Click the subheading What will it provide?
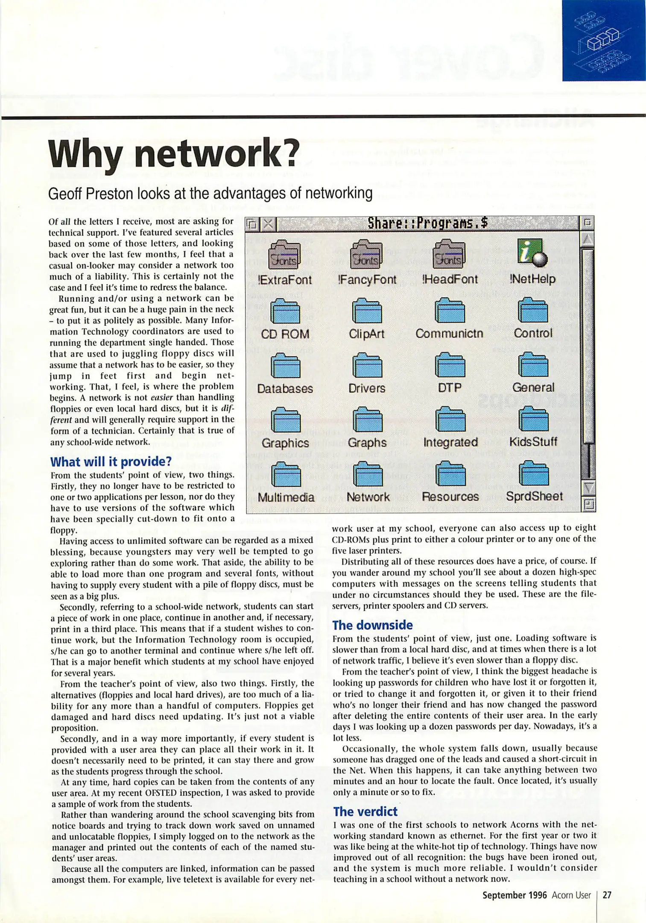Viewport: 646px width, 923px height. (111, 461)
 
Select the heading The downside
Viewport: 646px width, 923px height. (372, 625)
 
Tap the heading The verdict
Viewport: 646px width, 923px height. (365, 811)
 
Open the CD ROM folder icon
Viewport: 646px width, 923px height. (285, 311)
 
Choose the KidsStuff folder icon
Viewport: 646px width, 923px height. (533, 420)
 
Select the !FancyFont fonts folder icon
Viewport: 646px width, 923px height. (367, 255)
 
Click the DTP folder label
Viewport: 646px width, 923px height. (450, 388)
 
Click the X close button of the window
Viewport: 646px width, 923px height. (268, 223)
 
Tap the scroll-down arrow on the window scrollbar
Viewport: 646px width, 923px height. (588, 487)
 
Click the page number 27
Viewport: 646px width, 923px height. (607, 895)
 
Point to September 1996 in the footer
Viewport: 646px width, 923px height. (514, 895)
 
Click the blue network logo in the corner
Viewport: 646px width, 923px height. (603, 41)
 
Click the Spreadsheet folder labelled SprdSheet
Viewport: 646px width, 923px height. (534, 474)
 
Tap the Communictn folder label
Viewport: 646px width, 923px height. (449, 333)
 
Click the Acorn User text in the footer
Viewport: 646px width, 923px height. (571, 895)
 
